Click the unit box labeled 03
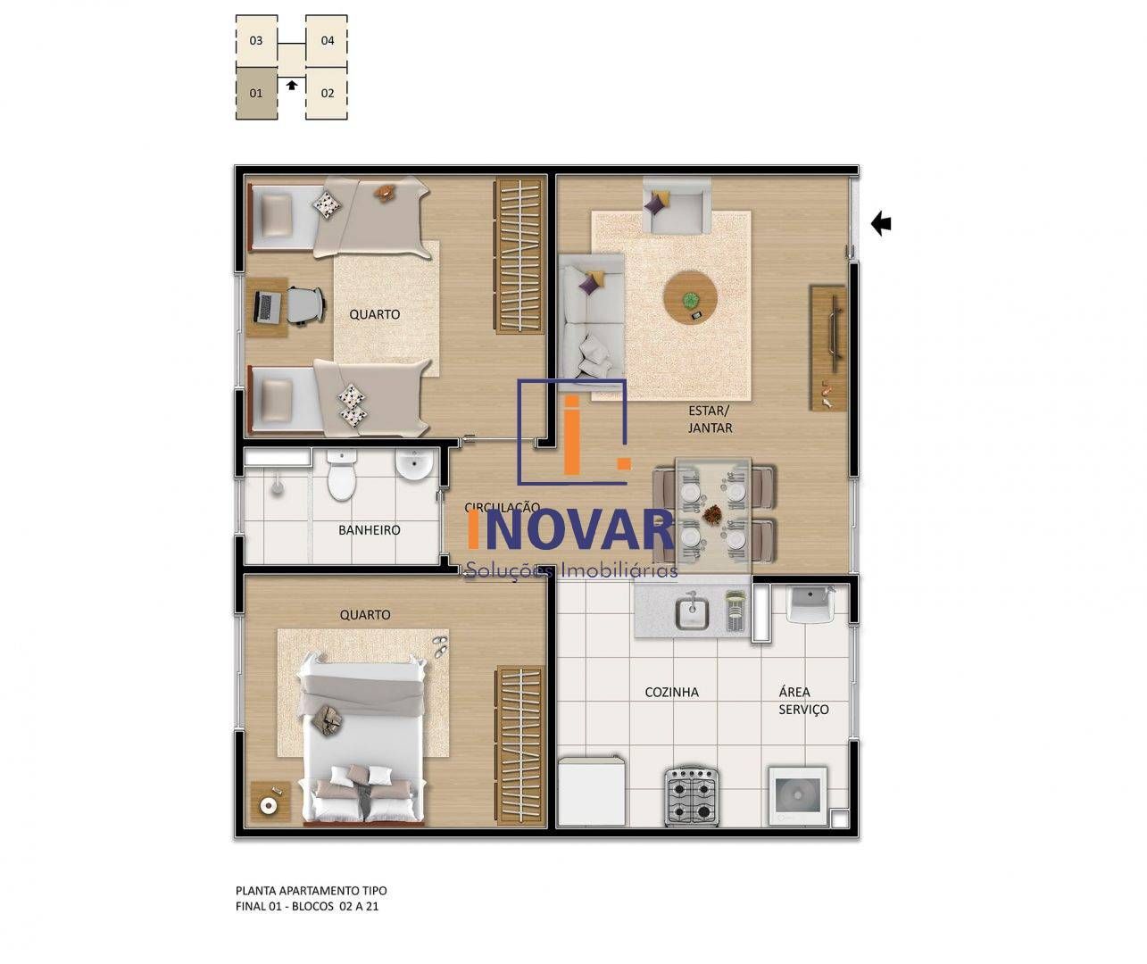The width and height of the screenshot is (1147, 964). click(256, 41)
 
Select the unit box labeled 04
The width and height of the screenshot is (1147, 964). click(327, 41)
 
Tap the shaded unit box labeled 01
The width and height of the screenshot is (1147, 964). click(256, 93)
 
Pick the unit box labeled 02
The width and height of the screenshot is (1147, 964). click(327, 93)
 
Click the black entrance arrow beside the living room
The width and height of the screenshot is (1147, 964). click(881, 223)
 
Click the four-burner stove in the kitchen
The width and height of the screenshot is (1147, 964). click(691, 796)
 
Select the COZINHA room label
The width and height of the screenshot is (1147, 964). click(671, 692)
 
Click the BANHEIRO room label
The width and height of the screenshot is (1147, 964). click(369, 530)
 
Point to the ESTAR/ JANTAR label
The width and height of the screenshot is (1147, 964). click(710, 420)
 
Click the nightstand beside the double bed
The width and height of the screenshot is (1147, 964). click(269, 802)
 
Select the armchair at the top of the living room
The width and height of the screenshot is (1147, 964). click(676, 206)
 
